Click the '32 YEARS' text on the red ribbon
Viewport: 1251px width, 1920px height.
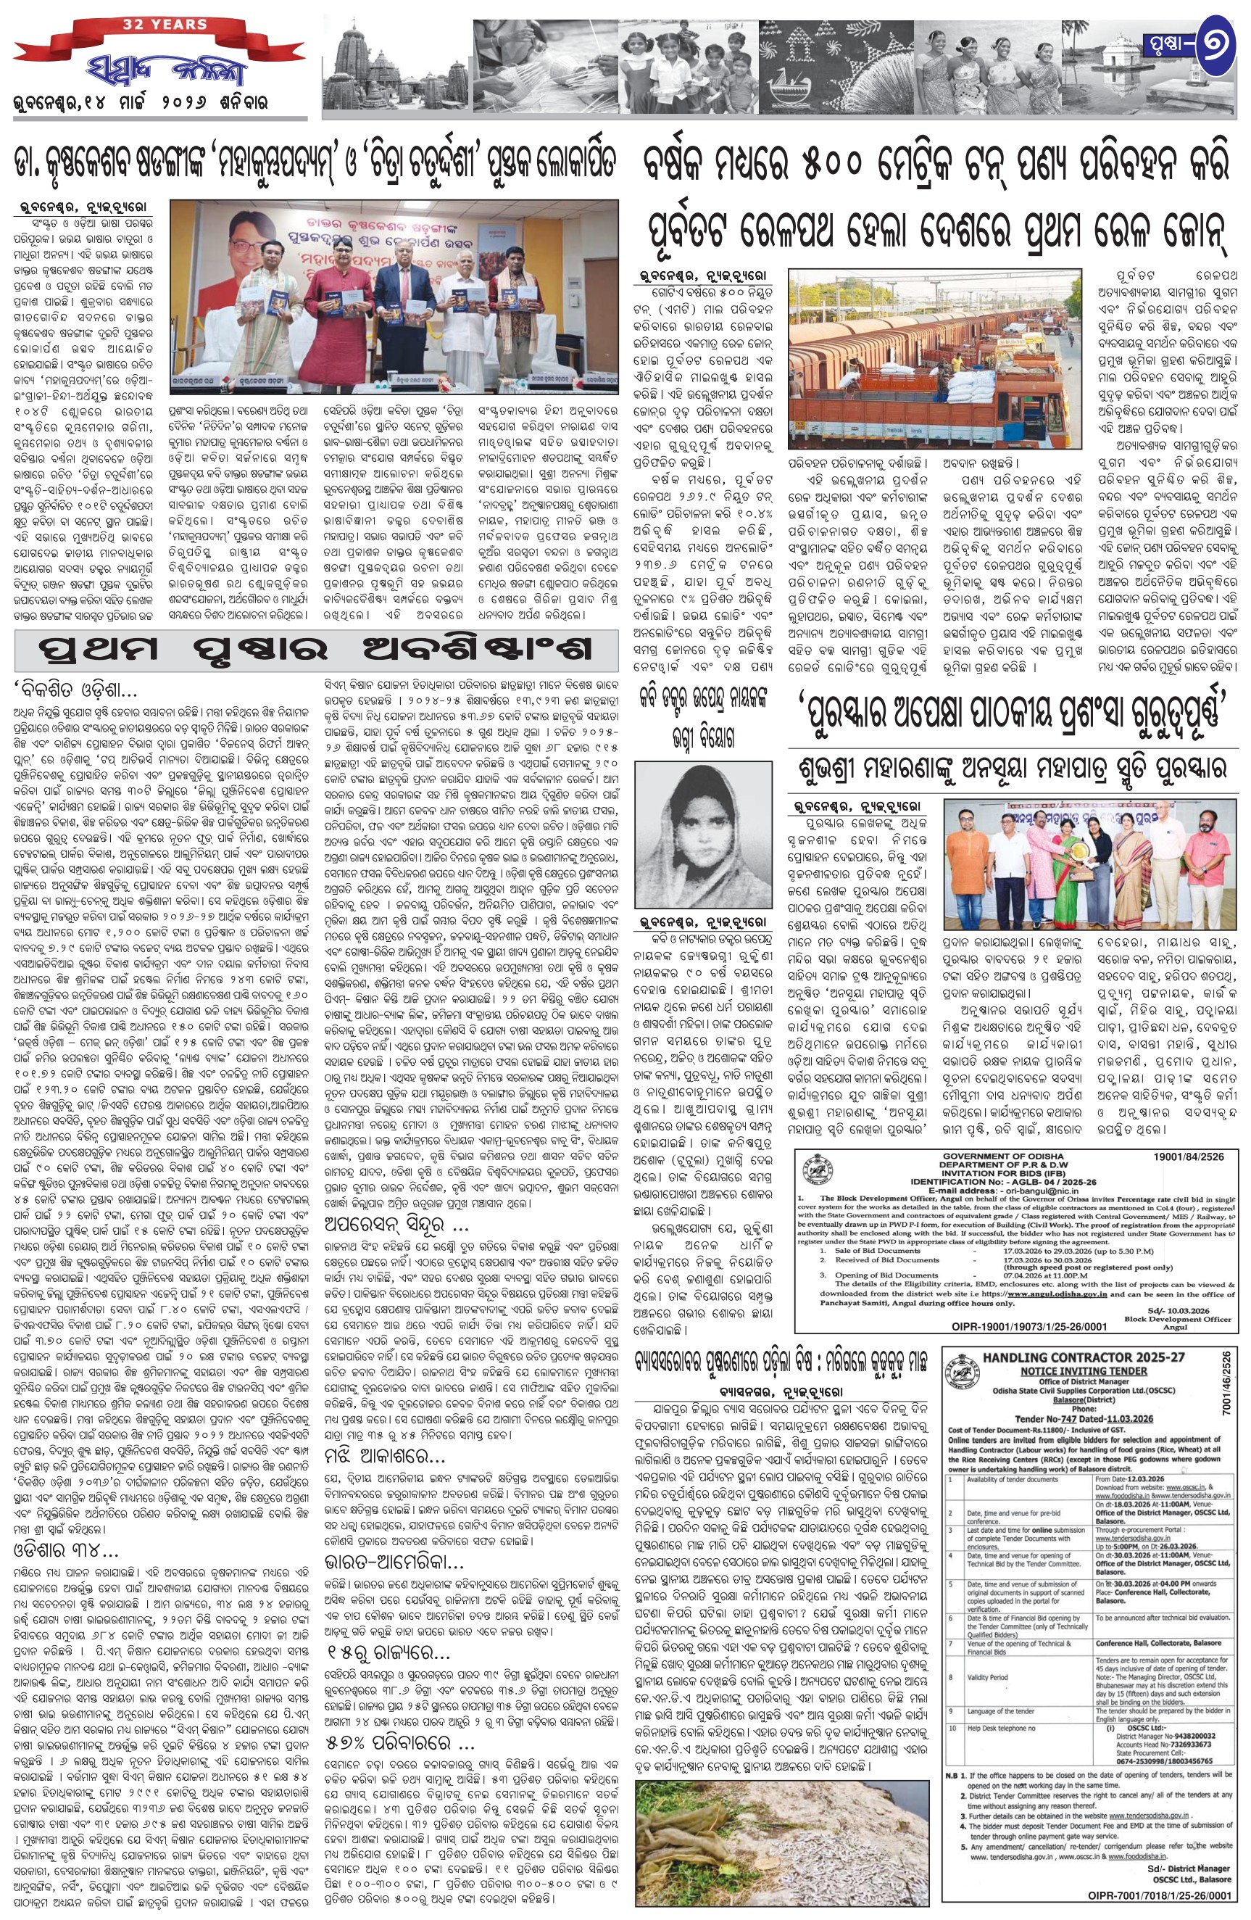click(x=165, y=23)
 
